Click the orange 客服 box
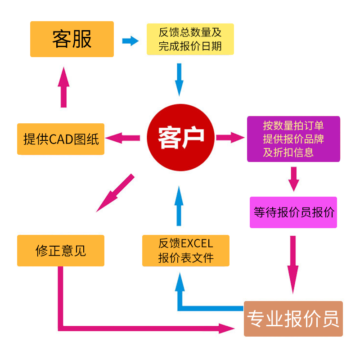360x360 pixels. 72,39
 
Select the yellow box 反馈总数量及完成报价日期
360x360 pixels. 190,39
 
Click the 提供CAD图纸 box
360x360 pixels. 61,139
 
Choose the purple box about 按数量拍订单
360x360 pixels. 293,139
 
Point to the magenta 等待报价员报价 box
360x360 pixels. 293,212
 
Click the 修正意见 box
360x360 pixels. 61,250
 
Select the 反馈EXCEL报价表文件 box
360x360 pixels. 185,250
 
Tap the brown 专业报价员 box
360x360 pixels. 293,319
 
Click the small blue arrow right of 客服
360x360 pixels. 130,41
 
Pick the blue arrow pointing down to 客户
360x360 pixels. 180,79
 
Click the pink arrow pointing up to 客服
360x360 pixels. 64,87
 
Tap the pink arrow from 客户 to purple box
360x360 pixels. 230,137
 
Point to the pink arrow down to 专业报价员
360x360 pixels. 293,263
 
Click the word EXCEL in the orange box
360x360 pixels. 197,244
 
